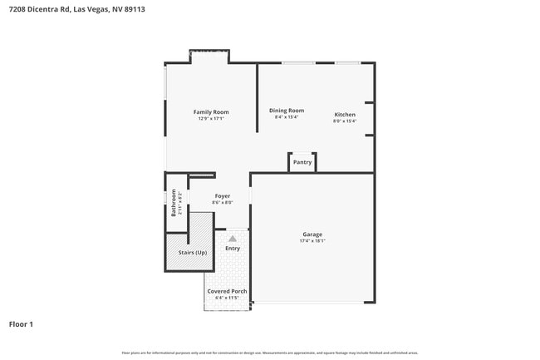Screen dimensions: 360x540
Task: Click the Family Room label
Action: pyautogui.click(x=211, y=112)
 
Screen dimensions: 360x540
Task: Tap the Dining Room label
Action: pyautogui.click(x=286, y=111)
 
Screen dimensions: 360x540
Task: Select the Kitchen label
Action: pyautogui.click(x=345, y=115)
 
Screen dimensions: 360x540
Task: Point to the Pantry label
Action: pyautogui.click(x=302, y=162)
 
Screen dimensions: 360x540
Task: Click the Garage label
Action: pyautogui.click(x=312, y=234)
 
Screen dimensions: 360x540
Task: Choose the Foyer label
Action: pyautogui.click(x=222, y=196)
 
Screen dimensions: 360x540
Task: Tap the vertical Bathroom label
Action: pyautogui.click(x=174, y=203)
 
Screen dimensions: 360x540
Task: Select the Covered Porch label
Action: pyautogui.click(x=227, y=292)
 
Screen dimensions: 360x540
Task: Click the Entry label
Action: pyautogui.click(x=233, y=248)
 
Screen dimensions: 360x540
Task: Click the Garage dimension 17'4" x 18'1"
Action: pyautogui.click(x=312, y=241)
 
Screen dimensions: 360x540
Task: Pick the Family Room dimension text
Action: pyautogui.click(x=211, y=119)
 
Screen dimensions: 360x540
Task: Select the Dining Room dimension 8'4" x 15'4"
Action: pyautogui.click(x=286, y=117)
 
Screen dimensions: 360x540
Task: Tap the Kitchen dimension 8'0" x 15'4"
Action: pyautogui.click(x=345, y=121)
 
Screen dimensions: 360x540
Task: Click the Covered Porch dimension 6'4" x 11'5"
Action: pyautogui.click(x=227, y=298)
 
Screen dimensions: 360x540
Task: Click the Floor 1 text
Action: pyautogui.click(x=21, y=323)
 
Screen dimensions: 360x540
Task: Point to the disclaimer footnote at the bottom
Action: pyautogui.click(x=269, y=353)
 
